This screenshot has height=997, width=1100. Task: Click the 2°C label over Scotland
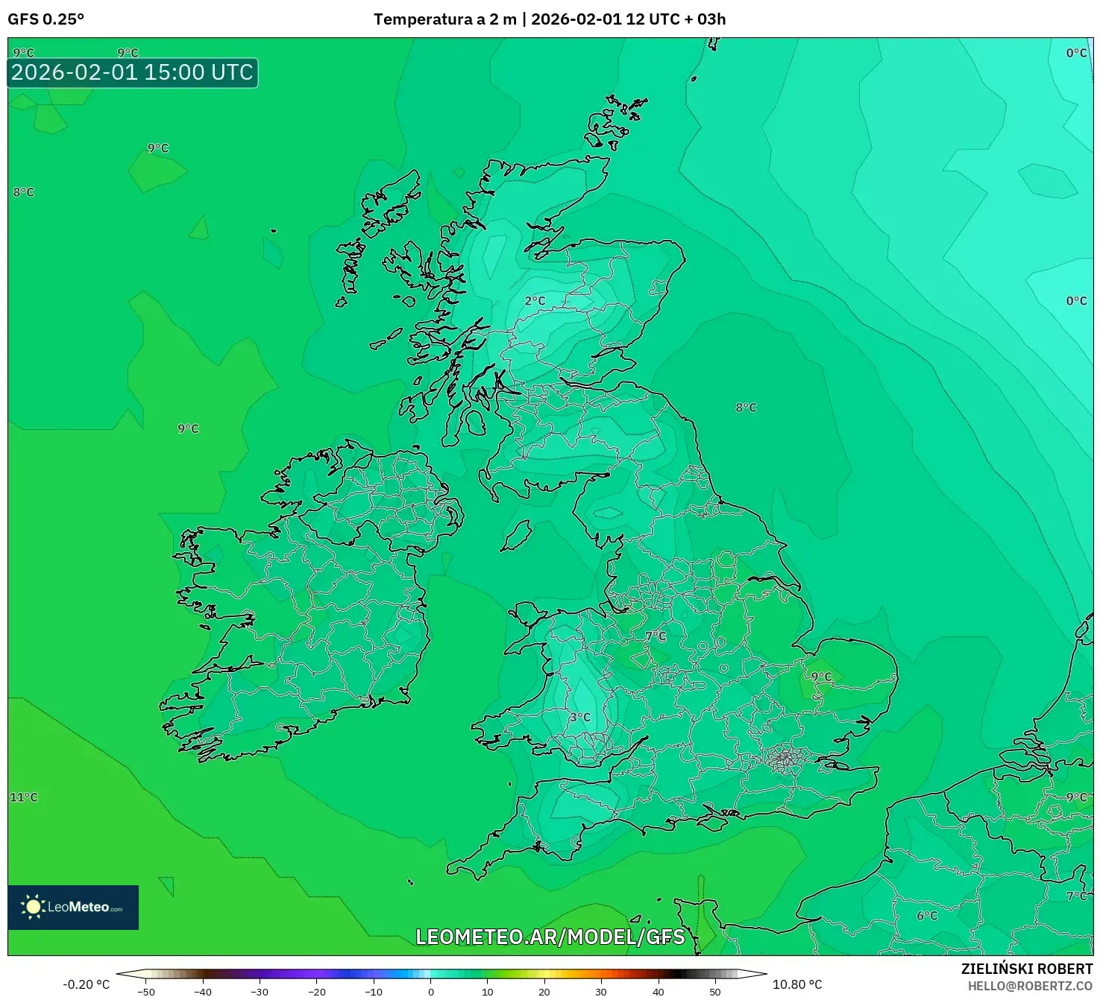pyautogui.click(x=535, y=301)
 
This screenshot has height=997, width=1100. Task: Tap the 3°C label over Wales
pyautogui.click(x=579, y=718)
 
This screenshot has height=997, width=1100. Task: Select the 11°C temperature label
pyautogui.click(x=23, y=797)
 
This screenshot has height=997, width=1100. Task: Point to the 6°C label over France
pyautogui.click(x=927, y=916)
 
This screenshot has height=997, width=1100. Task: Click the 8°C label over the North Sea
pyautogui.click(x=746, y=408)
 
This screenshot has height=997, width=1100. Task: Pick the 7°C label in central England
pyautogui.click(x=656, y=636)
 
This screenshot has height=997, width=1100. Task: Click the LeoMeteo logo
pyautogui.click(x=73, y=907)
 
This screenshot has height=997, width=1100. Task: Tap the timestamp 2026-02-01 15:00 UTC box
pyautogui.click(x=132, y=72)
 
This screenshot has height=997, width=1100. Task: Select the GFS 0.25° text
pyautogui.click(x=45, y=19)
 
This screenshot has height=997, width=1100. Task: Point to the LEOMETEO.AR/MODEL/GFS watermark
pyautogui.click(x=550, y=937)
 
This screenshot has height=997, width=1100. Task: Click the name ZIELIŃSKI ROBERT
pyautogui.click(x=1026, y=969)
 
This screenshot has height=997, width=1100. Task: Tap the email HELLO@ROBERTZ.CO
pyautogui.click(x=1030, y=986)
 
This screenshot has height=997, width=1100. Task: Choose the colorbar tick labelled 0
pyautogui.click(x=431, y=991)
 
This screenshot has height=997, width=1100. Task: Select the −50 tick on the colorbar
pyautogui.click(x=146, y=991)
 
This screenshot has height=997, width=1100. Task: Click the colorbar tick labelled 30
pyautogui.click(x=601, y=991)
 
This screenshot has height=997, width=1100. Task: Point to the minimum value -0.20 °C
pyautogui.click(x=86, y=984)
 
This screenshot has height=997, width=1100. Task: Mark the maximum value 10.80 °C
pyautogui.click(x=797, y=984)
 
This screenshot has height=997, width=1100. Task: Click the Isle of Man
pyautogui.click(x=516, y=536)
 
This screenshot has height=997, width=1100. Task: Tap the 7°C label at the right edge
pyautogui.click(x=1076, y=896)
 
